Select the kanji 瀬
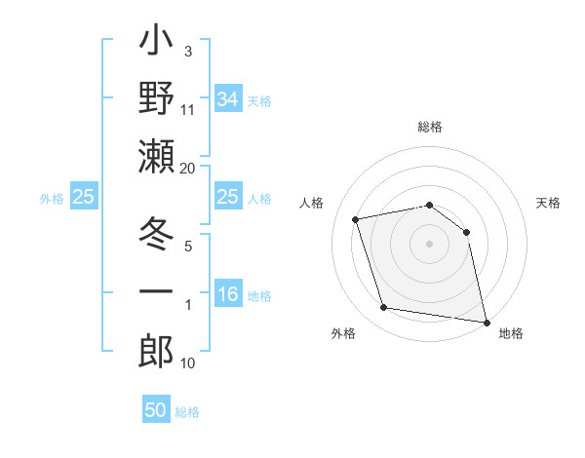coord(156,157)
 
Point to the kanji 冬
coord(156,235)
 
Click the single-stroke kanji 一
coord(156,292)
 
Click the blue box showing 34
coord(227,98)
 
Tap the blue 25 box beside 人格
coord(227,198)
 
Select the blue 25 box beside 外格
coord(84,198)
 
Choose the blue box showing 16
coord(227,295)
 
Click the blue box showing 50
coord(156,410)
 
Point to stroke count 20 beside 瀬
coord(188,169)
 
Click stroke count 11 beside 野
coord(188,110)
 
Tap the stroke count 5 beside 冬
coord(188,247)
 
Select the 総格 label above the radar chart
coord(430,128)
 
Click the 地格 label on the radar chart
coord(511,334)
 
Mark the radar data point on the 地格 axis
coord(486,321)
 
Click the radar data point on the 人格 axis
coord(356,219)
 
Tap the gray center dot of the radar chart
coord(430,243)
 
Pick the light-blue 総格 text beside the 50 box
coord(187,412)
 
